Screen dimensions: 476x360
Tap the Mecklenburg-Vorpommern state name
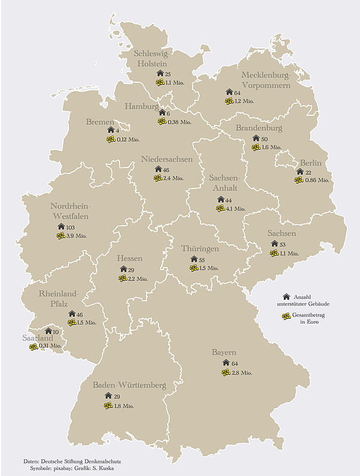pos(266,80)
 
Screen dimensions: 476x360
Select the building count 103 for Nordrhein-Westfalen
pos(70,227)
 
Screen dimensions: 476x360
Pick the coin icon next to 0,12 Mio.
pos(110,139)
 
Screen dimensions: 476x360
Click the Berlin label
pos(311,163)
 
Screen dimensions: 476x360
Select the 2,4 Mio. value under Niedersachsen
pos(173,178)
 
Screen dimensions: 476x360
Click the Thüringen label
pos(200,249)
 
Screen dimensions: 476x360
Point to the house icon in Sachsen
pos(274,244)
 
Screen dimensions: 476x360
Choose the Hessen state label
pos(130,259)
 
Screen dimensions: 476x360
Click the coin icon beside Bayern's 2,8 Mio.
pos(226,372)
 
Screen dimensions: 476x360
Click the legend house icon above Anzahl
pos(286,297)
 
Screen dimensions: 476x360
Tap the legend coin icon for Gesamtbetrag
pos(286,316)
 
